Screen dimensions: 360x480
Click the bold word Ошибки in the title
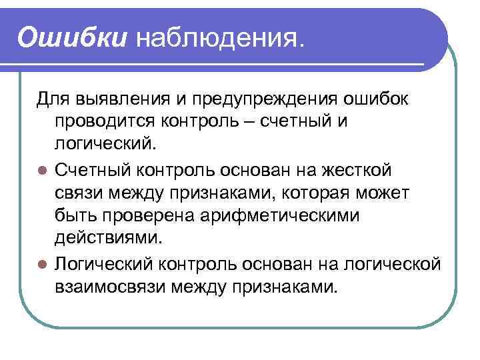72,37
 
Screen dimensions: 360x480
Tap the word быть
75,216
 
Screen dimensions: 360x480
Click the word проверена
153,216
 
